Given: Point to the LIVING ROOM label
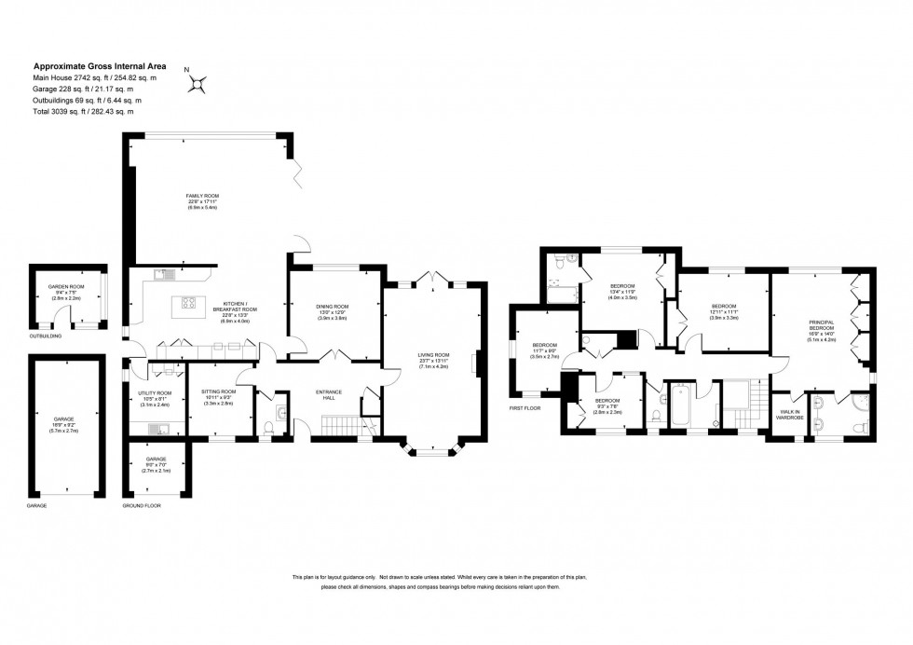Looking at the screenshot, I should (433, 354).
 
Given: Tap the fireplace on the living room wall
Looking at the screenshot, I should (476, 363).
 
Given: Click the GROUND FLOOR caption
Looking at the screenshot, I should (142, 506).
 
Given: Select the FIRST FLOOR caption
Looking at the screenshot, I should (525, 408).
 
